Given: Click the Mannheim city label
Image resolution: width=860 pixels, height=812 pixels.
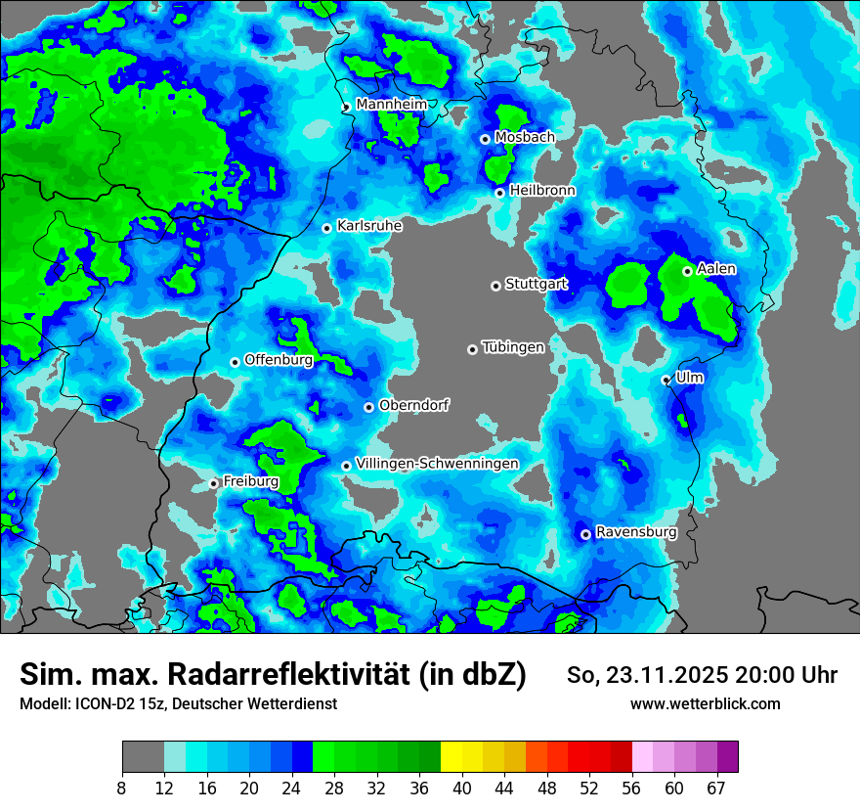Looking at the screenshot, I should coord(391,104).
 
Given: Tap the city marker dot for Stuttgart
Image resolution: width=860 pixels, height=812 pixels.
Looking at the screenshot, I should coord(495,286).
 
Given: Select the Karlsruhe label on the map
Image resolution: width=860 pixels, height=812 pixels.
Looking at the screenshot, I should coord(369,226).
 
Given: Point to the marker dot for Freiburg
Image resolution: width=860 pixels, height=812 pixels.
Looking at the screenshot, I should coord(213,483).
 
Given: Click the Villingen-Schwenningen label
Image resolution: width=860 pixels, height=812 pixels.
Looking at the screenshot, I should coord(437,464).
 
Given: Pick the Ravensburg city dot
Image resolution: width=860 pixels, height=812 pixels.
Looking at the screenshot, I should coord(585,534).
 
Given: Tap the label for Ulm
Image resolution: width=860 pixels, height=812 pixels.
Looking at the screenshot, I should coord(689,378).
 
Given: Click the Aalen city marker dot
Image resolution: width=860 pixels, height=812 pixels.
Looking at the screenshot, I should coord(687,271).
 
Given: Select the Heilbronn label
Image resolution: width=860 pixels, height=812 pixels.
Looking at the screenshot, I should coord(541,191).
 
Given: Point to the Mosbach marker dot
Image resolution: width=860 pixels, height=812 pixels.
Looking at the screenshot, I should coord(485,139).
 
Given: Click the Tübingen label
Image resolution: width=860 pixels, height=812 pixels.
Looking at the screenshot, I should coord(513,347).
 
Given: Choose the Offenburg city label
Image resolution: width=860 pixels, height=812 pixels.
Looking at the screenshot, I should coord(279,360).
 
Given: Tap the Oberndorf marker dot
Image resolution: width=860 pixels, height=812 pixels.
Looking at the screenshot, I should coord(368,407).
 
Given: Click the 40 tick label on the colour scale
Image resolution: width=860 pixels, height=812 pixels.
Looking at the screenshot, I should coord(462,788).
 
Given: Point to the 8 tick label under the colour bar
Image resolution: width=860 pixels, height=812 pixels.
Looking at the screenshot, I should coord(122,788).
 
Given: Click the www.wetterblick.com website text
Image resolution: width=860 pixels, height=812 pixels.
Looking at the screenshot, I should coord(705,704).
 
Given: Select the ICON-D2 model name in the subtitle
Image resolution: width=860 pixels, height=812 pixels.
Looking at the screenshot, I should coord(99,704).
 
